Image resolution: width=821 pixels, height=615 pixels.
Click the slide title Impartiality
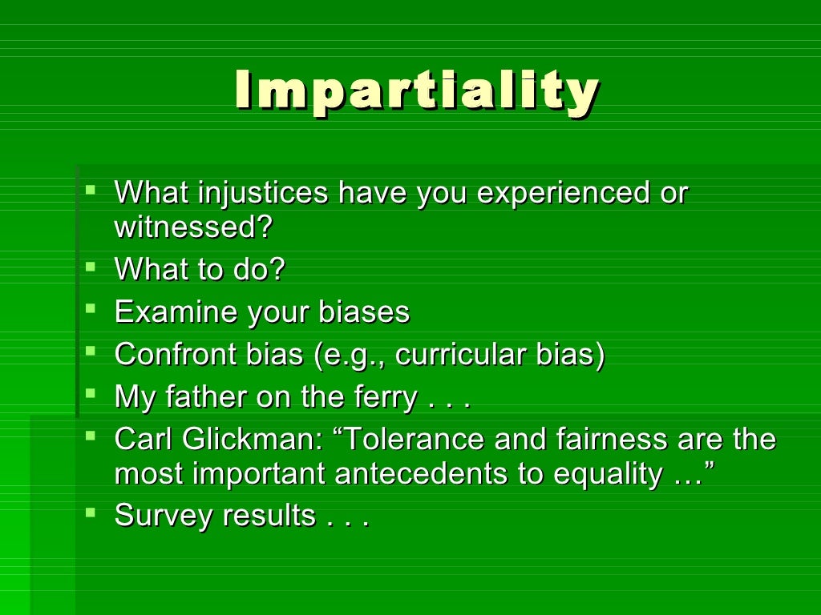coord(416,91)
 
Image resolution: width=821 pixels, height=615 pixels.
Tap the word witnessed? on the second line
coord(193,227)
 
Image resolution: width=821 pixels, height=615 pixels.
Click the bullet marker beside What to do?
coord(91,264)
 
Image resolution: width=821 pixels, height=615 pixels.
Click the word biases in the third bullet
coord(364,312)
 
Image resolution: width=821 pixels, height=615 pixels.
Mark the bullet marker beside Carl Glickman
coord(91,434)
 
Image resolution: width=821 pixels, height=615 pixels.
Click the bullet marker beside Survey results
coord(91,510)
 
